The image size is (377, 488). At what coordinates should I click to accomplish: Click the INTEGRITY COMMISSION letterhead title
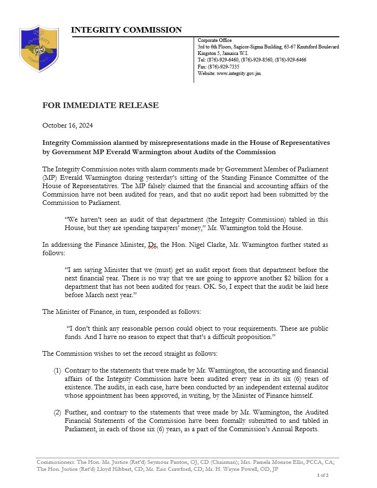pos(126,30)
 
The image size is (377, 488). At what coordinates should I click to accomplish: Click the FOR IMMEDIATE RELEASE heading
pos(100,105)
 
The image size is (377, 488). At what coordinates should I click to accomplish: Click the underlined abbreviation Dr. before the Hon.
pos(153,245)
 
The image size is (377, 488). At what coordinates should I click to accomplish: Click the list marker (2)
pos(57,413)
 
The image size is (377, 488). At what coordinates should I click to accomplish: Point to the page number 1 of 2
pos(323,475)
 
